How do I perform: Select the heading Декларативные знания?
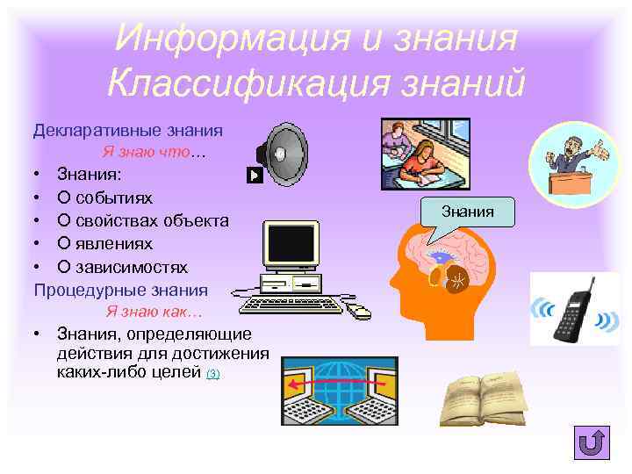128,130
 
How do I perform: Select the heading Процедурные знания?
121,289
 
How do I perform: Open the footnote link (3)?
213,374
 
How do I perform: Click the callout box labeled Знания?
468,212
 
